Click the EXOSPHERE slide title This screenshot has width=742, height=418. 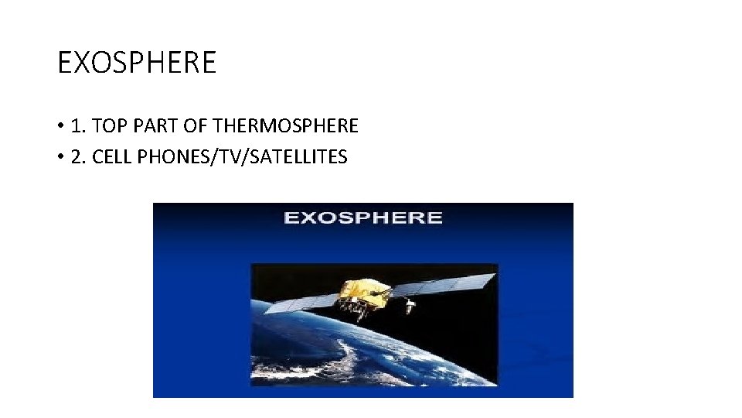[x=137, y=62]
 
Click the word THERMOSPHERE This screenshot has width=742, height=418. [x=285, y=125]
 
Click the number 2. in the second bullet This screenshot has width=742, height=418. [x=78, y=157]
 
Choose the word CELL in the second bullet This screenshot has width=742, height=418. [x=111, y=157]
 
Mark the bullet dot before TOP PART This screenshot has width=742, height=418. [x=60, y=126]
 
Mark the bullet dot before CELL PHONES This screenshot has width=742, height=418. [x=60, y=158]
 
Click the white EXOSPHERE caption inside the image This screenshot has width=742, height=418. [x=363, y=218]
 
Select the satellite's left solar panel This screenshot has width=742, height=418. [x=301, y=301]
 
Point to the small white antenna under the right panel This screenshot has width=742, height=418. [x=410, y=307]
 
